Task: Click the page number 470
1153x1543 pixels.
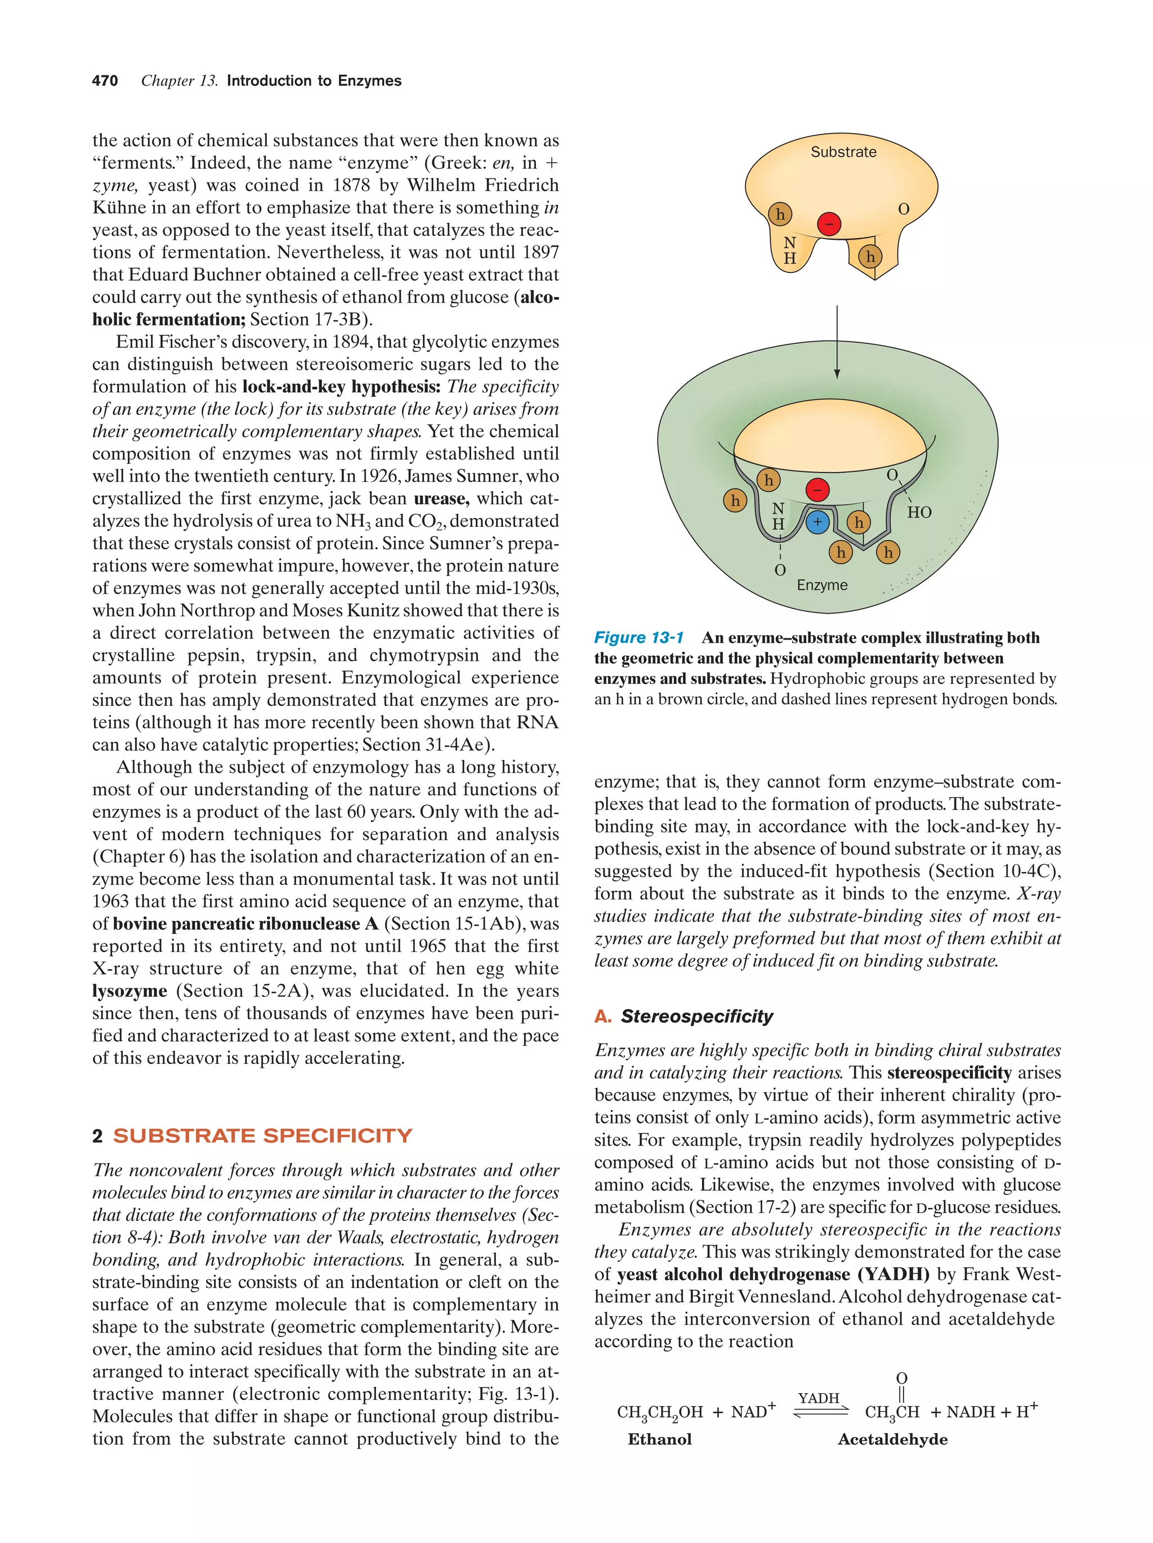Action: pos(105,81)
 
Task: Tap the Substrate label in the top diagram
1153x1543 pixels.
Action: pos(843,152)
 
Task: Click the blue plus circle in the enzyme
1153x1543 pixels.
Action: pos(817,521)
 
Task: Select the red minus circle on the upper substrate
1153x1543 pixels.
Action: pos(829,224)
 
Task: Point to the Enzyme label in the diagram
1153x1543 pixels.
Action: pos(821,585)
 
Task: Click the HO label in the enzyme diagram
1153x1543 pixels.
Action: pos(919,513)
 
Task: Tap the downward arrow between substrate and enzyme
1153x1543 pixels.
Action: pos(837,342)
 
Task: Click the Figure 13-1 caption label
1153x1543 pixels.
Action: pos(638,638)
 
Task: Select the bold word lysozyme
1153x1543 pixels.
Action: pos(129,991)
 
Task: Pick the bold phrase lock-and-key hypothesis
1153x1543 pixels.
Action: pos(341,387)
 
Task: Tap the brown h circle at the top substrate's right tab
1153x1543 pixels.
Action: pos(870,257)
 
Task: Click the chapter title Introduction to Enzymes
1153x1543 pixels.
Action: pos(314,81)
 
